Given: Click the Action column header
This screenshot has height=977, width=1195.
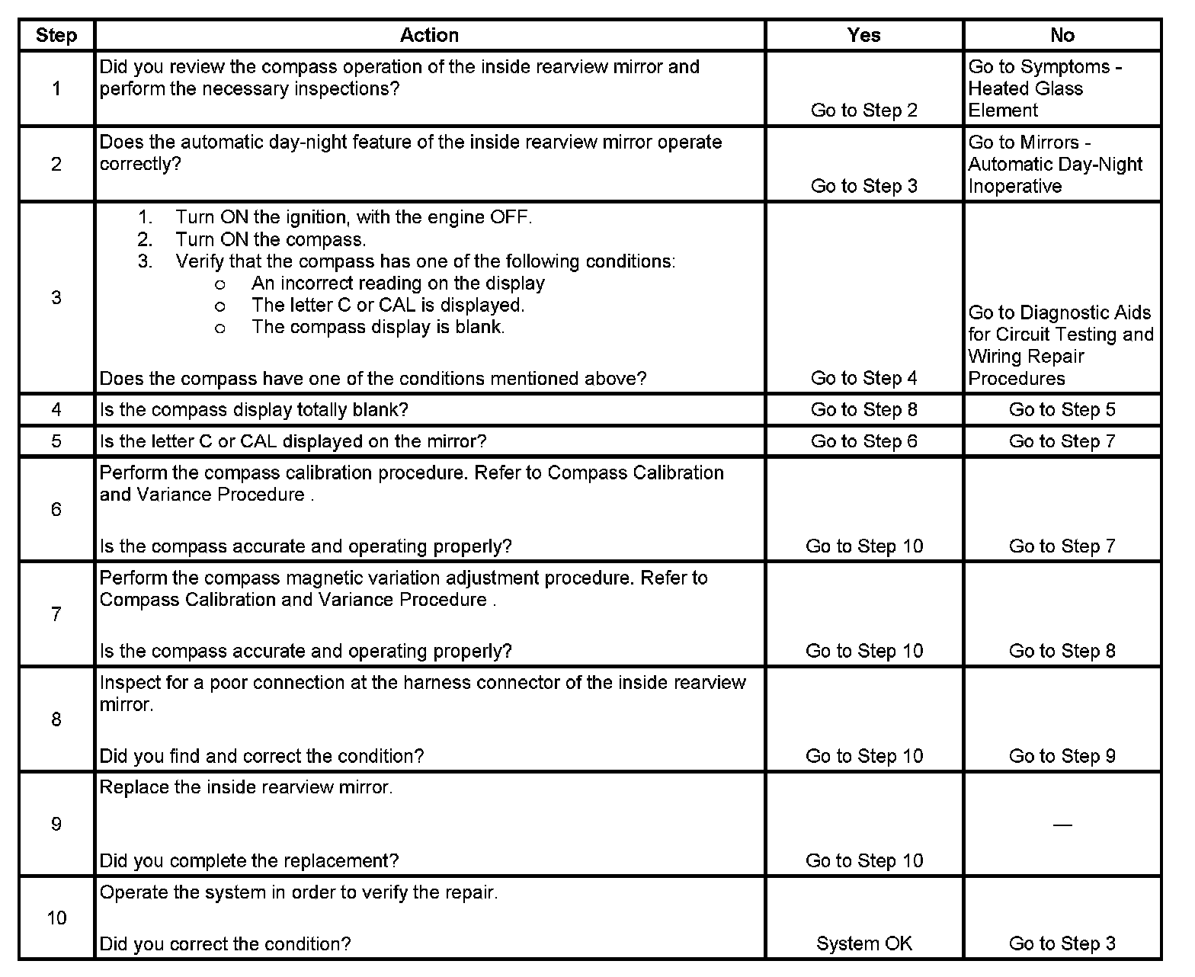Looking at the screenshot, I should (x=429, y=35).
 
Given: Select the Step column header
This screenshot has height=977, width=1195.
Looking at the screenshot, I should (x=56, y=35).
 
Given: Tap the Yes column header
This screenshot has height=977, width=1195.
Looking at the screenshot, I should (x=863, y=35).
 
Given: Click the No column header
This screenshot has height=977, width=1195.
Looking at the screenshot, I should (x=1062, y=35).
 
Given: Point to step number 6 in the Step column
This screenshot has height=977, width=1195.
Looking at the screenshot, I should (x=56, y=509).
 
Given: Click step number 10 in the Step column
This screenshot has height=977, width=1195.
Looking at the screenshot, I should (x=56, y=918).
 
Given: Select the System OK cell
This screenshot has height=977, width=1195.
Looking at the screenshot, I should (x=863, y=943).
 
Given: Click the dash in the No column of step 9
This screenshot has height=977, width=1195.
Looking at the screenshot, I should (x=1062, y=825).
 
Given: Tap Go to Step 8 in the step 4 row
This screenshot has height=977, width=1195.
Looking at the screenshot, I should (x=863, y=410).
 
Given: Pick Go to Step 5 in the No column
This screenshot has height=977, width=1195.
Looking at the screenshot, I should (x=1062, y=410).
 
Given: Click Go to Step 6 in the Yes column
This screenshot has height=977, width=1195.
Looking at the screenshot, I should (x=863, y=441).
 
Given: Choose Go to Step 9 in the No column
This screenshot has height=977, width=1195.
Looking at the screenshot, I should (x=1062, y=756).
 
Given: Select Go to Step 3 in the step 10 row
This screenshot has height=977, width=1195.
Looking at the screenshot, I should (x=1062, y=943).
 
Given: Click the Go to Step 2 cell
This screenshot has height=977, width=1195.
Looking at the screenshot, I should (x=863, y=111).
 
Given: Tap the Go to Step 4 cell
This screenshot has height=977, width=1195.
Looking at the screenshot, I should (x=863, y=378).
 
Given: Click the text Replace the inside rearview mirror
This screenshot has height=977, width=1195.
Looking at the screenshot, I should (x=246, y=787).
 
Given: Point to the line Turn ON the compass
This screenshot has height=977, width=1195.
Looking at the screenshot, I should (x=271, y=239).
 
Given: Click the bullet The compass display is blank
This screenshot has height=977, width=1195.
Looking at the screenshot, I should (x=378, y=327).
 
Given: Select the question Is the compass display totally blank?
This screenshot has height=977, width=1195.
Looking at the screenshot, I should (x=254, y=410).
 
